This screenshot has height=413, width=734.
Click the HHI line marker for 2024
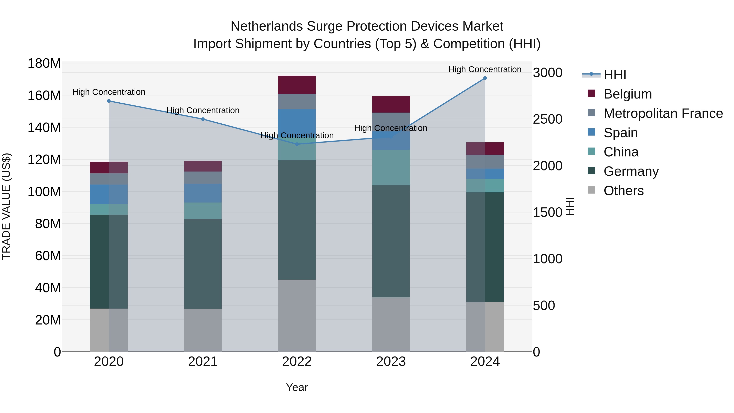coord(485,78)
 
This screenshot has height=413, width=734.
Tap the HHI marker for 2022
coord(297,144)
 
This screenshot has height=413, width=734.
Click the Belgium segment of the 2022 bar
coord(297,85)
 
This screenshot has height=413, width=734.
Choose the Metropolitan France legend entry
coord(663,113)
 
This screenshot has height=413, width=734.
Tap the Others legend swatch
coord(591,190)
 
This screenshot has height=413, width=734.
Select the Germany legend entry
coord(631,171)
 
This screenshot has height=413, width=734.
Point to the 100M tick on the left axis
coord(44,192)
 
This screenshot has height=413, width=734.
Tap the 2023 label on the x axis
coord(391,362)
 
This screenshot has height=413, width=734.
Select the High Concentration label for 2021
coord(203,110)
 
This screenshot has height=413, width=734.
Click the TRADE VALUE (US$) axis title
coord(6,206)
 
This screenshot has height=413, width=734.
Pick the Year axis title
coord(297,387)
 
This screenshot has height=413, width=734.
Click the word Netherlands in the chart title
coord(266,26)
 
